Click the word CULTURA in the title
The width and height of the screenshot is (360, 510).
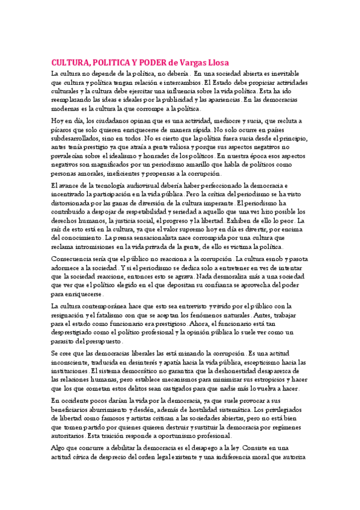(69, 62)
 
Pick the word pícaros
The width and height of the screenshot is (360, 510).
(63, 130)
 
